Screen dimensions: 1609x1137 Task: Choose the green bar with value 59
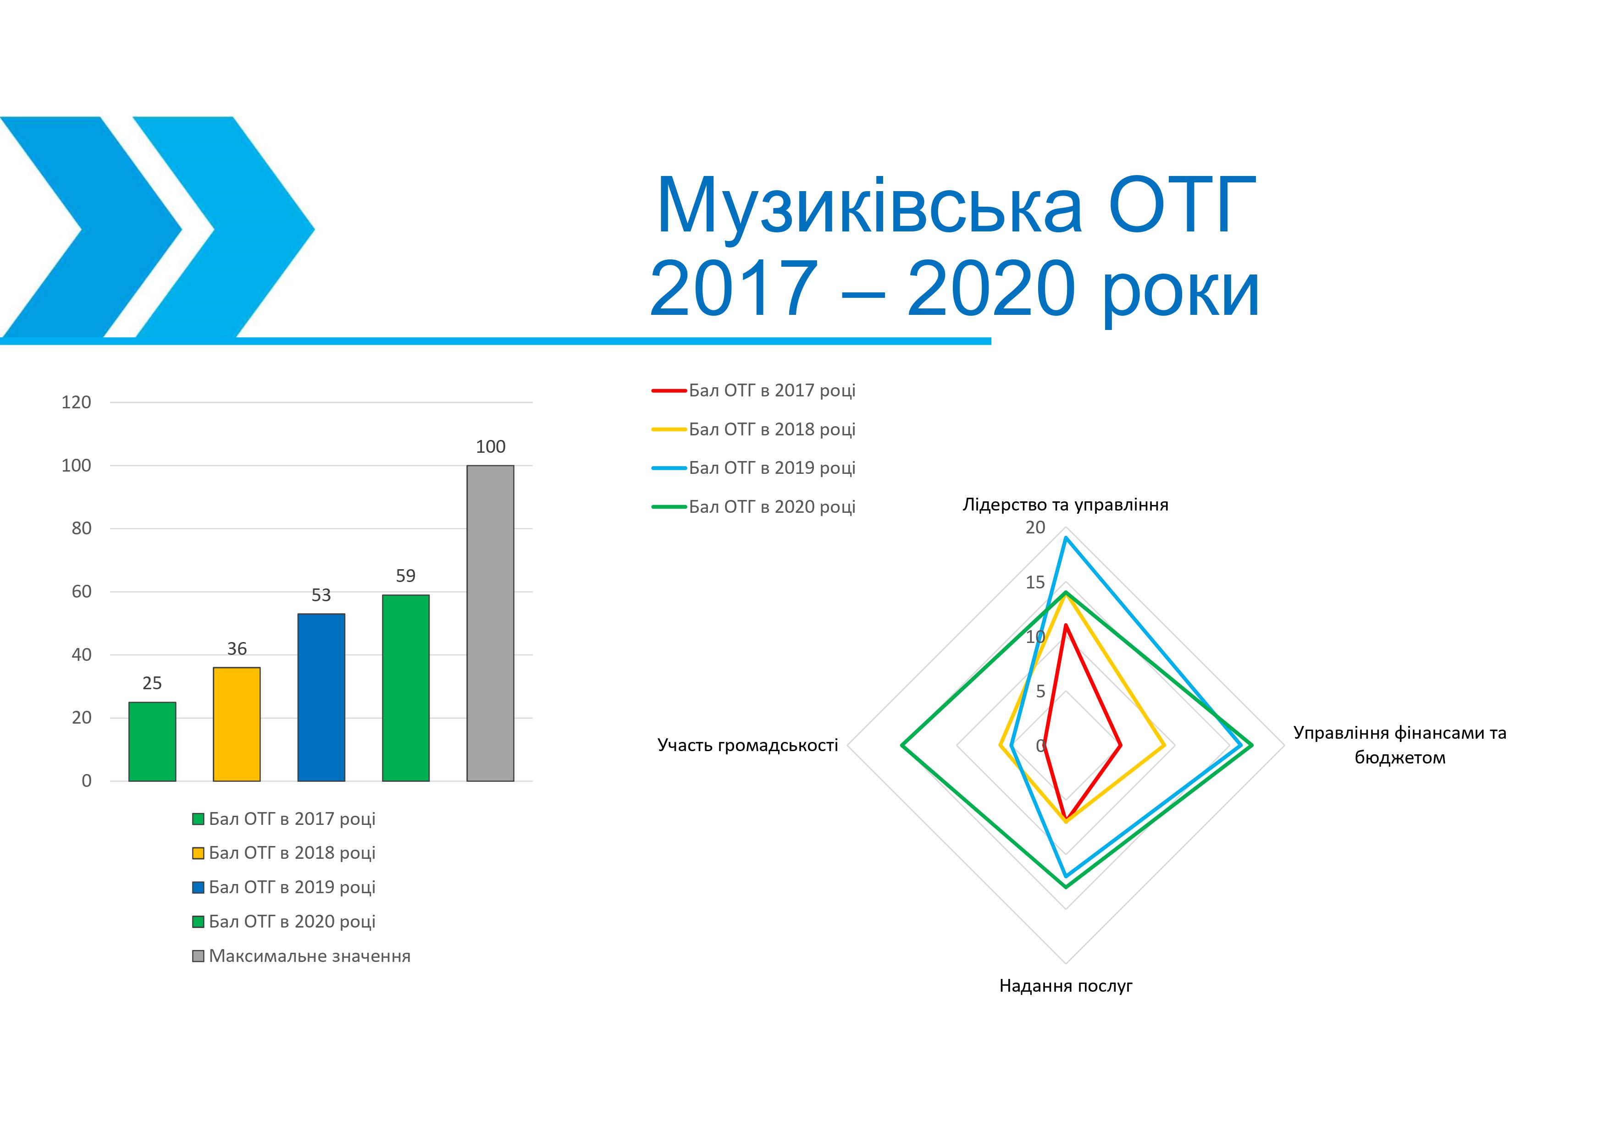(406, 688)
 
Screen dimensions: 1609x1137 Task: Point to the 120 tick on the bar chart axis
(77, 402)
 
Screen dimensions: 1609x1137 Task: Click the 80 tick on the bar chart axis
(81, 528)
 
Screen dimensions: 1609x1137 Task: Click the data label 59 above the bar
(406, 576)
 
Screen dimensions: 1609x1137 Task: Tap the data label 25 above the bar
(152, 683)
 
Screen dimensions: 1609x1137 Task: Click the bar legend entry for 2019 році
(284, 887)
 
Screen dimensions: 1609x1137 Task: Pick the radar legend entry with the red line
(754, 390)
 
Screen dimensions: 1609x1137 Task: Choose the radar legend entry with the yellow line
(754, 429)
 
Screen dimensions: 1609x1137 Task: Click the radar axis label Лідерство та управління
(1065, 505)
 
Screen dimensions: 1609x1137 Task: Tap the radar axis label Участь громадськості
(748, 745)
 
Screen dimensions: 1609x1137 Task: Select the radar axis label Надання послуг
(1065, 986)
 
